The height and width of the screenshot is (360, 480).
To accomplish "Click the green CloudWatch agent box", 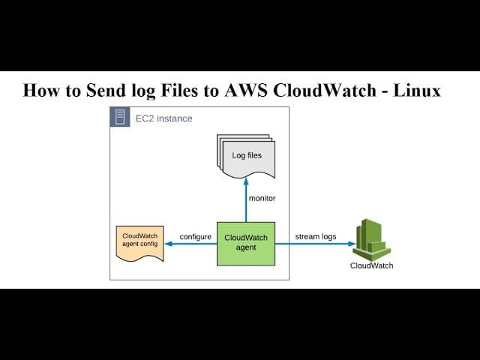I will (x=246, y=243).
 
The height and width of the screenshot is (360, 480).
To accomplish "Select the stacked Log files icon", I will (x=246, y=156).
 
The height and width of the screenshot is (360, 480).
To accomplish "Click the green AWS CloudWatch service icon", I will (x=372, y=239).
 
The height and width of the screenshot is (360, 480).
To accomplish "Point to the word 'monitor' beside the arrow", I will (x=262, y=199).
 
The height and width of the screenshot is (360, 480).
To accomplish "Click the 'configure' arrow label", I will (x=195, y=237).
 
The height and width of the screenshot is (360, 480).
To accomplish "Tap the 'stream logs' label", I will (x=315, y=237).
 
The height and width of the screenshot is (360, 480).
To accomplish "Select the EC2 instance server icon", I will (x=120, y=118).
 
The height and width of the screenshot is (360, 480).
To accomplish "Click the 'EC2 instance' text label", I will (x=164, y=118).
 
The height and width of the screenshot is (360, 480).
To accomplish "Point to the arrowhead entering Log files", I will (x=246, y=181).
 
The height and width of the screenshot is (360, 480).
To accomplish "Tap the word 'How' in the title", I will (x=40, y=91).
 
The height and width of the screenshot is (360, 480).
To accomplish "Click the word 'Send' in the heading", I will (x=106, y=91).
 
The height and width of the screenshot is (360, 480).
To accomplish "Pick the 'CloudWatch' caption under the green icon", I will (x=371, y=265).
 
